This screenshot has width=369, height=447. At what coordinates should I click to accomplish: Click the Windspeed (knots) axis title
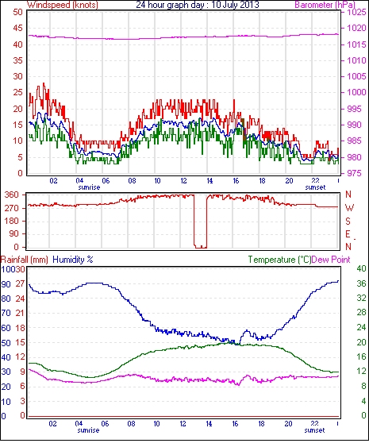(x=63, y=5)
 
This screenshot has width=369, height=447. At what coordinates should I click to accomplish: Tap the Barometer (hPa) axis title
(x=325, y=5)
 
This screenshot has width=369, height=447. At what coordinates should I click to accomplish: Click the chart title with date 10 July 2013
(x=198, y=5)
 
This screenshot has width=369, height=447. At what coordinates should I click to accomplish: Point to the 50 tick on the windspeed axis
(x=17, y=12)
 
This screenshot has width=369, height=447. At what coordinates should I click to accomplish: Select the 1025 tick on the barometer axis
(x=356, y=12)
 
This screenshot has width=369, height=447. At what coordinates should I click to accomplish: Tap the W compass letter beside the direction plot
(x=349, y=208)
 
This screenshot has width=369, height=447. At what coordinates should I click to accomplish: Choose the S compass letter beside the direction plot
(x=348, y=221)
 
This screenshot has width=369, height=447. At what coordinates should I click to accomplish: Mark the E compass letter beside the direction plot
(x=348, y=234)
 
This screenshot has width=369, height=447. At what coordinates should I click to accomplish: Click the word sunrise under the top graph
(x=89, y=187)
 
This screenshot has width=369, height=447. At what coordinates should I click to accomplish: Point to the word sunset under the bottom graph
(x=314, y=430)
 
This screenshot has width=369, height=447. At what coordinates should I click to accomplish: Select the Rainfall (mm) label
(x=25, y=260)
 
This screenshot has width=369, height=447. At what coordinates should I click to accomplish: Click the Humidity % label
(x=73, y=260)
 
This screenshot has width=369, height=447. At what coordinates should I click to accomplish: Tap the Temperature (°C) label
(x=279, y=260)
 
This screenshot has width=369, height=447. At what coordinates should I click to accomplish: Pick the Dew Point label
(x=331, y=260)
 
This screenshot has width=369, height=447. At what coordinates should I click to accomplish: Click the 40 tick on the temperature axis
(x=361, y=268)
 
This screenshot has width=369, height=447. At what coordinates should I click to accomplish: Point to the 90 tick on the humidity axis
(x=6, y=284)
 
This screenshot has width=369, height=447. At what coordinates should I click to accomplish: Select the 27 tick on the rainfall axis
(x=21, y=284)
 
